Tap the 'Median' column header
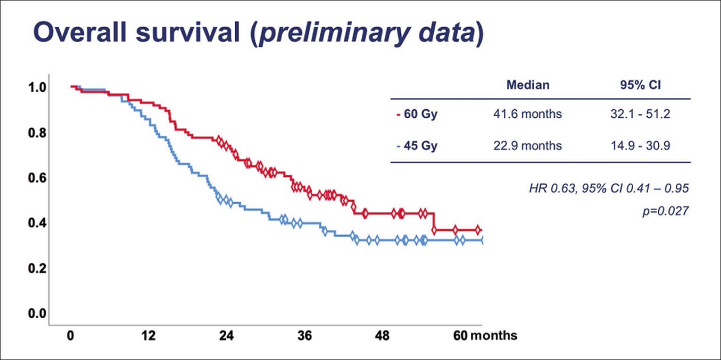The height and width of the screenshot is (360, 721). pos(528,85)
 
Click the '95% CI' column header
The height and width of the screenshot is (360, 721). pos(645,85)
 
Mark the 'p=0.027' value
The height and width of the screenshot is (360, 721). pos(665,211)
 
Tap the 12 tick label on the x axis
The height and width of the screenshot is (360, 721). pos(149,336)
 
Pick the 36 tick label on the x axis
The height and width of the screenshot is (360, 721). pos(304,336)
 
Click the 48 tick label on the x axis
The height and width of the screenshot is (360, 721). pos(382,336)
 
